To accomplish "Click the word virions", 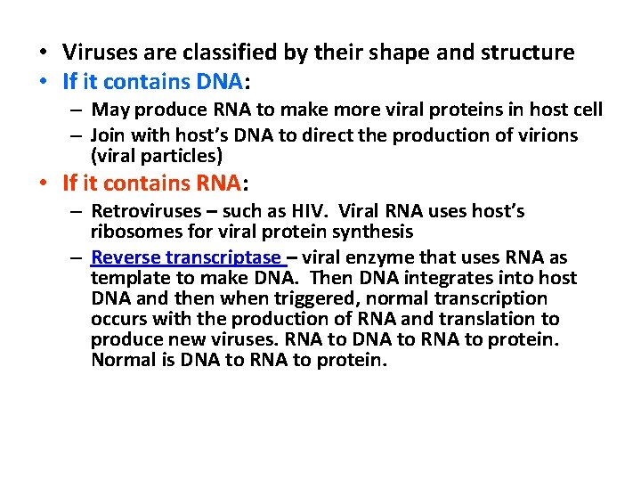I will (x=544, y=135).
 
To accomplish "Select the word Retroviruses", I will (x=143, y=212).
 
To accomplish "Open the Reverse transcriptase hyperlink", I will (x=186, y=257).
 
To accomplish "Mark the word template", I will (x=126, y=278).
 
